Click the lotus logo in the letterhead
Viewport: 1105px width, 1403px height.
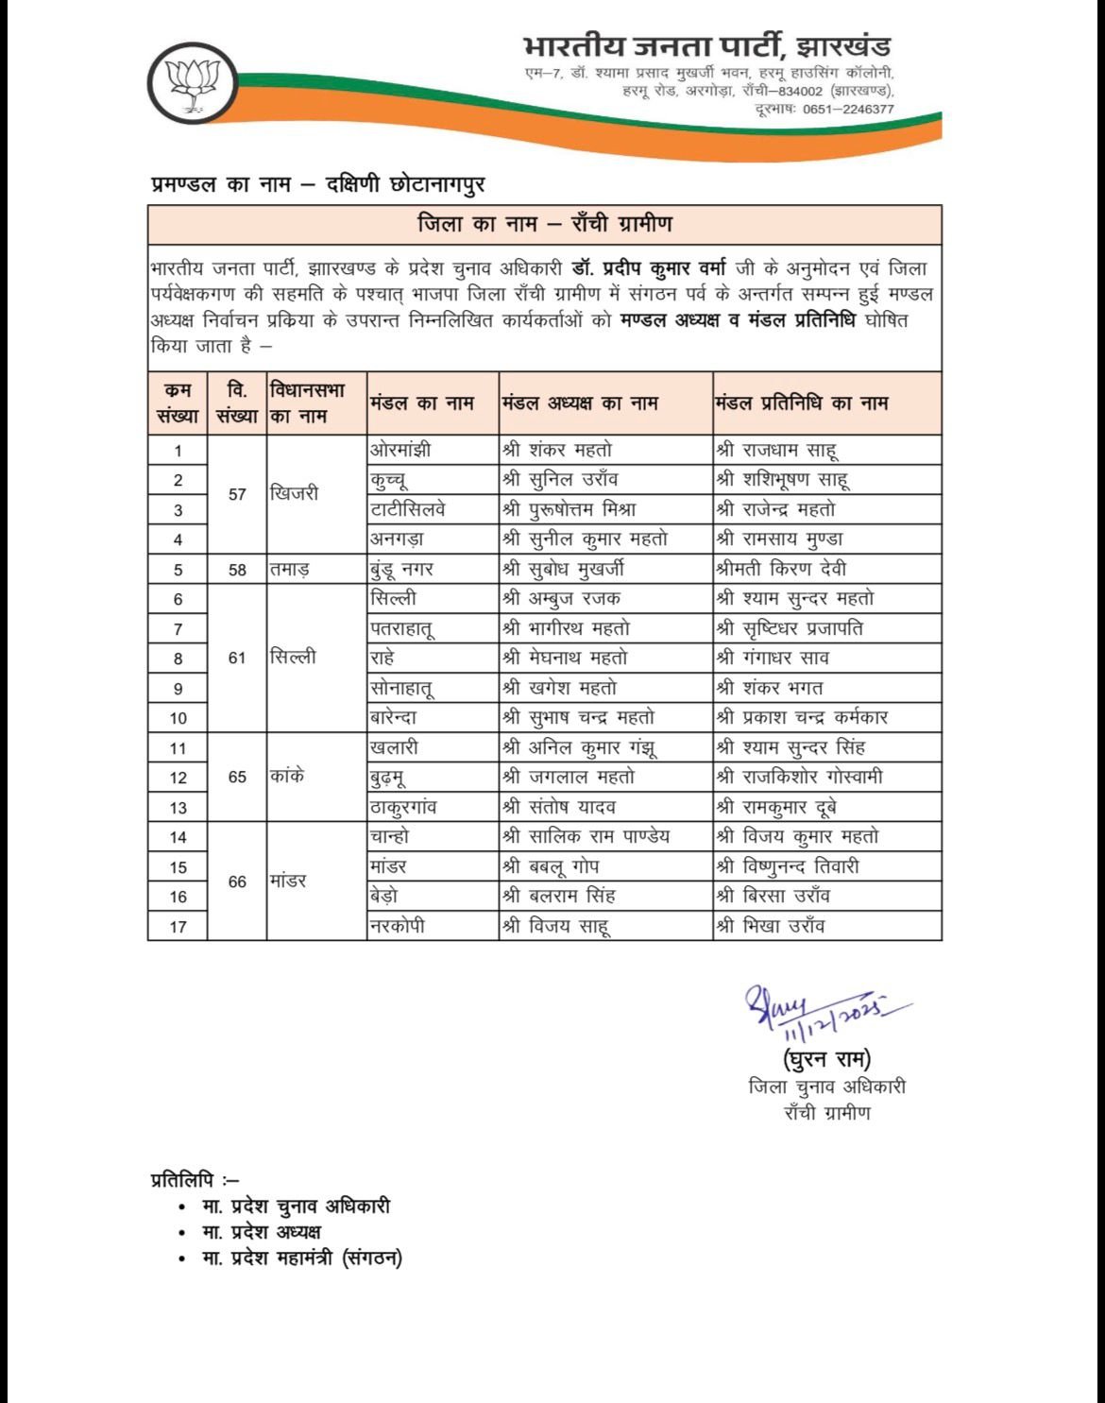click(193, 83)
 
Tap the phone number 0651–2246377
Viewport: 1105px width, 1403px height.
click(848, 109)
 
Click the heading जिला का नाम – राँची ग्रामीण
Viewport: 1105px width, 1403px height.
click(545, 224)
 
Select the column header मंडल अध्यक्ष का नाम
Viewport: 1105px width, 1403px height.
click(580, 403)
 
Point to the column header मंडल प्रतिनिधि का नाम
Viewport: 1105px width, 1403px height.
click(802, 403)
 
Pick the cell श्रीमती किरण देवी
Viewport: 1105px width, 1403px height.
click(781, 569)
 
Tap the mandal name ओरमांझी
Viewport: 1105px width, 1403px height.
click(399, 450)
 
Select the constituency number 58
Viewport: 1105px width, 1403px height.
click(237, 569)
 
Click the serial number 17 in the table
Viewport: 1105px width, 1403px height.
click(178, 927)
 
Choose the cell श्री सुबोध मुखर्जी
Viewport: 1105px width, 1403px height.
click(563, 569)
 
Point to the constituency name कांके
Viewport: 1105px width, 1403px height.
click(287, 777)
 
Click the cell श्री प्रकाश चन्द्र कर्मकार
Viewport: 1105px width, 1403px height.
click(802, 717)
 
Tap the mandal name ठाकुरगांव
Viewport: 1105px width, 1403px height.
click(403, 807)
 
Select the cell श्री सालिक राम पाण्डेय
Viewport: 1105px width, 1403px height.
click(586, 836)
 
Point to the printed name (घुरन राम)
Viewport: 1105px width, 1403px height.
click(826, 1058)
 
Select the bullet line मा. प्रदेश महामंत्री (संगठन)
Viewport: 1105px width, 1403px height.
click(301, 1258)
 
